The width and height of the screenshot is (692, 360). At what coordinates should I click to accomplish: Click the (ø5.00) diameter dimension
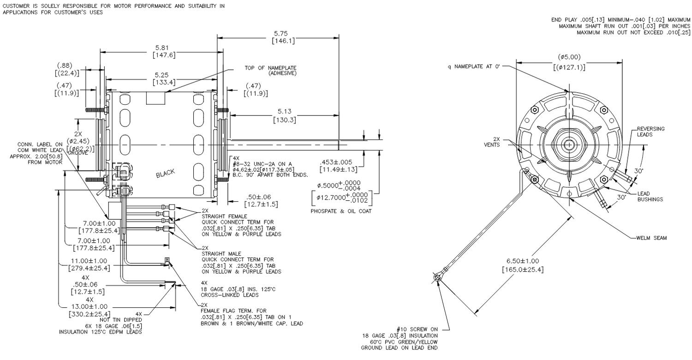pos(569,62)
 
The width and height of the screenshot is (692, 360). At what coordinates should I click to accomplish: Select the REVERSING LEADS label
pos(650,132)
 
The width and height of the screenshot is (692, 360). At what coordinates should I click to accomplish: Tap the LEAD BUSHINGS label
pos(650,196)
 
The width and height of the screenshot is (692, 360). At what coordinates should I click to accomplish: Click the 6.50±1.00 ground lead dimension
pos(523,265)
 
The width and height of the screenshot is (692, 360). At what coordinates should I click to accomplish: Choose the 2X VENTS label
pos(496,142)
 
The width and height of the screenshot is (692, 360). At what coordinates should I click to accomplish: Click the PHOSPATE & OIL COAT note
pos(341,211)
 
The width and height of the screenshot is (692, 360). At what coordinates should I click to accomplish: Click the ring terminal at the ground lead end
pos(437,277)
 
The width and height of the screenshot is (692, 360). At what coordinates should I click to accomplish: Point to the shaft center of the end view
pos(569,145)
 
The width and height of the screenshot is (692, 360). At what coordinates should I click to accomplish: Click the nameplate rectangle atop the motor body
pos(155,98)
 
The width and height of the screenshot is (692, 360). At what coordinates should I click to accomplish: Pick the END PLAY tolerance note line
pos(620,20)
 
